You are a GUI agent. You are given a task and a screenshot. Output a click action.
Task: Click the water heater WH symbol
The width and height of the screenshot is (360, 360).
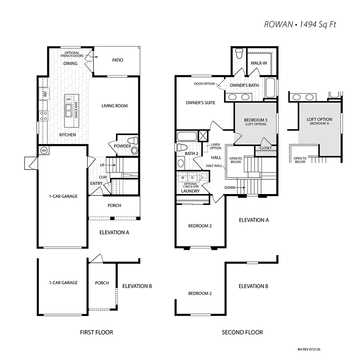[x=44, y=150]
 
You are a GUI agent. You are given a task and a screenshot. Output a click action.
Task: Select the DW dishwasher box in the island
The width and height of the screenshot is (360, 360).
[x=69, y=99]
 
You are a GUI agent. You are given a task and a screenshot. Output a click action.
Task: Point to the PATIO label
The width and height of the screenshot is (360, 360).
[x=118, y=60]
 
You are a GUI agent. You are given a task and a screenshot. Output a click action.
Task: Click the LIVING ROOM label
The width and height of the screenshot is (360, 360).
[x=114, y=106]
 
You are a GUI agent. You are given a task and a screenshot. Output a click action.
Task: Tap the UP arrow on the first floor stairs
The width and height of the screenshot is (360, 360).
[x=111, y=165]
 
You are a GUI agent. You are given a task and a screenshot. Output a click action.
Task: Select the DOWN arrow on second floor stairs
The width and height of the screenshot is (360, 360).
[x=240, y=188]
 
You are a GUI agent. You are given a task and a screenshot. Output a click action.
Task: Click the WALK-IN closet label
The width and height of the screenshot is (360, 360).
[x=259, y=63]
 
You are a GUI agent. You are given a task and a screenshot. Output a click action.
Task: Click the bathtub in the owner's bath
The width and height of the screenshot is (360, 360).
[x=270, y=87]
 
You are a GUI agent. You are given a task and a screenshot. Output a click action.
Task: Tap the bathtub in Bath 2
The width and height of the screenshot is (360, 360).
[x=187, y=136]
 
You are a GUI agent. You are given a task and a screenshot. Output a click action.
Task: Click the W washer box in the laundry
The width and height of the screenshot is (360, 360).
[x=183, y=177]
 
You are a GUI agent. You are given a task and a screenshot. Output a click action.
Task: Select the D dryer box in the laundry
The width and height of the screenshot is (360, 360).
[x=192, y=177]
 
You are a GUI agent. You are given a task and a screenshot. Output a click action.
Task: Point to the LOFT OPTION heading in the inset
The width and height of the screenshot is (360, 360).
[x=319, y=120]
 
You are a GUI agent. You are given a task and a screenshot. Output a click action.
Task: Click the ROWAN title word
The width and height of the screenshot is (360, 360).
[x=279, y=24]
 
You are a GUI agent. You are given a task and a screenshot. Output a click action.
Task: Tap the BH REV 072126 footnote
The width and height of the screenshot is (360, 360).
[x=309, y=350]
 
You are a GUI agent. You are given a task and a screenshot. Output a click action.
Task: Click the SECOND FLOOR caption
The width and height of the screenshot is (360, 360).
[x=242, y=332]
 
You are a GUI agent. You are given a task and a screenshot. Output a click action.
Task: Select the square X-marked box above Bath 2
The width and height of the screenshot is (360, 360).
[x=203, y=135]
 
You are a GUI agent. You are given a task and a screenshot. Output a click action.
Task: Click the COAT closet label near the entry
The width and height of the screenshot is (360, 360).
[x=103, y=177]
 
